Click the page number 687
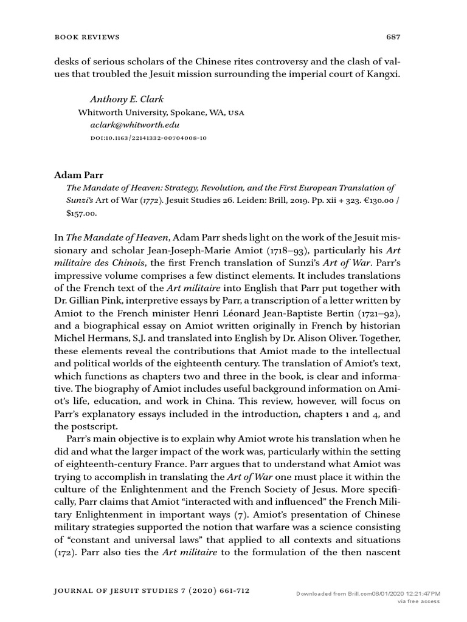393,37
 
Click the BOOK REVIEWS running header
88,37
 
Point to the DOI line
148,138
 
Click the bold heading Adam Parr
75,174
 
